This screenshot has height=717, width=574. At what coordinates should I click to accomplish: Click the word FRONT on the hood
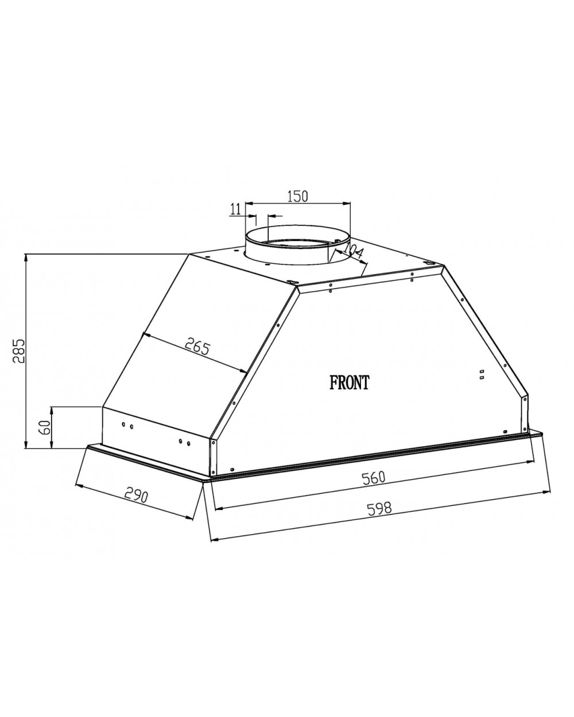pyautogui.click(x=349, y=382)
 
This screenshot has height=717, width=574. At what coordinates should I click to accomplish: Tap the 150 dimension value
pyautogui.click(x=297, y=196)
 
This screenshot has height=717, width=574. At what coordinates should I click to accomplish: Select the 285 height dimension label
pyautogui.click(x=18, y=351)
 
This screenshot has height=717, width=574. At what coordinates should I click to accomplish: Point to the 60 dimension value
pyautogui.click(x=45, y=427)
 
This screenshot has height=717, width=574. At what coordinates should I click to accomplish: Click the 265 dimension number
pyautogui.click(x=197, y=346)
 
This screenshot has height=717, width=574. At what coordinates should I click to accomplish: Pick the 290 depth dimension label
pyautogui.click(x=135, y=496)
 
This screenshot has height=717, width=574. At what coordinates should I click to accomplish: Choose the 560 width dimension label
pyautogui.click(x=374, y=477)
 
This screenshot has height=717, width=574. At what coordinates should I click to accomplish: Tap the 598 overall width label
pyautogui.click(x=379, y=509)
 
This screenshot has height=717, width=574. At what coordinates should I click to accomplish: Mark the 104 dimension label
pyautogui.click(x=352, y=250)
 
